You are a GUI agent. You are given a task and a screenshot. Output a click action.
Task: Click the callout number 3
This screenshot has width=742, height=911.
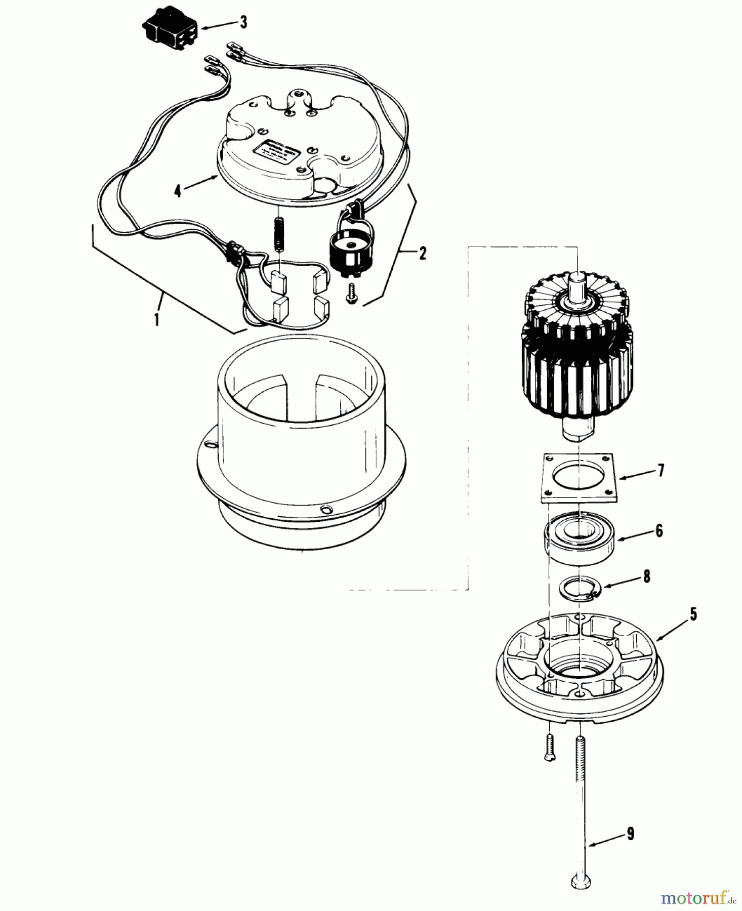coord(244,23)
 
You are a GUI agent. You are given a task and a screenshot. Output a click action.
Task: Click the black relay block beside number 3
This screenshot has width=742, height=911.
coord(170,28)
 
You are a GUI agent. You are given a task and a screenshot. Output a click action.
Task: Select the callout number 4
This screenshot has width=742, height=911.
coord(177,191)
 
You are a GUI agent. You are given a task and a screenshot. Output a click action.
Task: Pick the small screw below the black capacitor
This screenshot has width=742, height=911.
coord(351,295)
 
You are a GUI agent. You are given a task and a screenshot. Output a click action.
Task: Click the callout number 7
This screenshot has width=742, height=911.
coord(660,471)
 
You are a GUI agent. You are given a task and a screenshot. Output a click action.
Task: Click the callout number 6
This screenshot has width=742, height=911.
coord(658,530)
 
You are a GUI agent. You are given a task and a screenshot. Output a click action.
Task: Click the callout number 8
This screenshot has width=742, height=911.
coord(646,577)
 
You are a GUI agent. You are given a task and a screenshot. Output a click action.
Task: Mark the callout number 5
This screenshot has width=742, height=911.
coord(693,614)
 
